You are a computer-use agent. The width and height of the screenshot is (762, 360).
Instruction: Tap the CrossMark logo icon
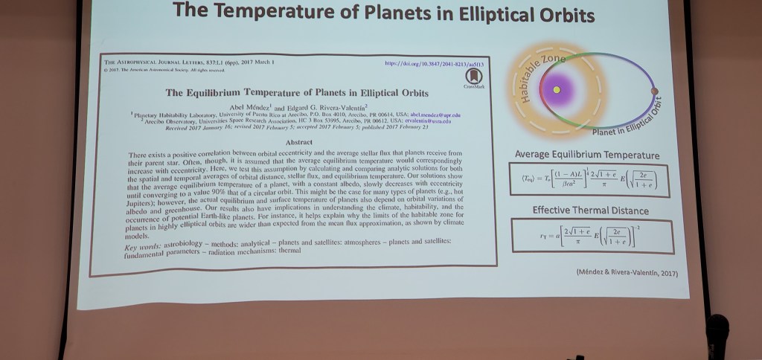point(474,77)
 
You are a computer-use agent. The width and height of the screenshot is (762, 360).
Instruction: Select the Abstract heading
point(298,141)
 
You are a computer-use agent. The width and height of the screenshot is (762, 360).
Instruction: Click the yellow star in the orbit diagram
point(556,91)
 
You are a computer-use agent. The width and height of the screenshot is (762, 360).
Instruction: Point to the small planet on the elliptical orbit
point(655,91)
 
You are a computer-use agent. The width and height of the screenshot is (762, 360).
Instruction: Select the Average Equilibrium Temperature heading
point(587,155)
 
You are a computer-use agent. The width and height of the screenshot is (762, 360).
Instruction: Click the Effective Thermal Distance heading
point(590,210)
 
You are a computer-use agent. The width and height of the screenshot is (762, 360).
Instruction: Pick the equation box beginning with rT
point(591,236)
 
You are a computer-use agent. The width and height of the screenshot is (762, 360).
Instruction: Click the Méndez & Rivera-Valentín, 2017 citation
point(627,272)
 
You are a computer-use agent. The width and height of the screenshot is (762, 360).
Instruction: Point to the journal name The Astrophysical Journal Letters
point(156,62)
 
